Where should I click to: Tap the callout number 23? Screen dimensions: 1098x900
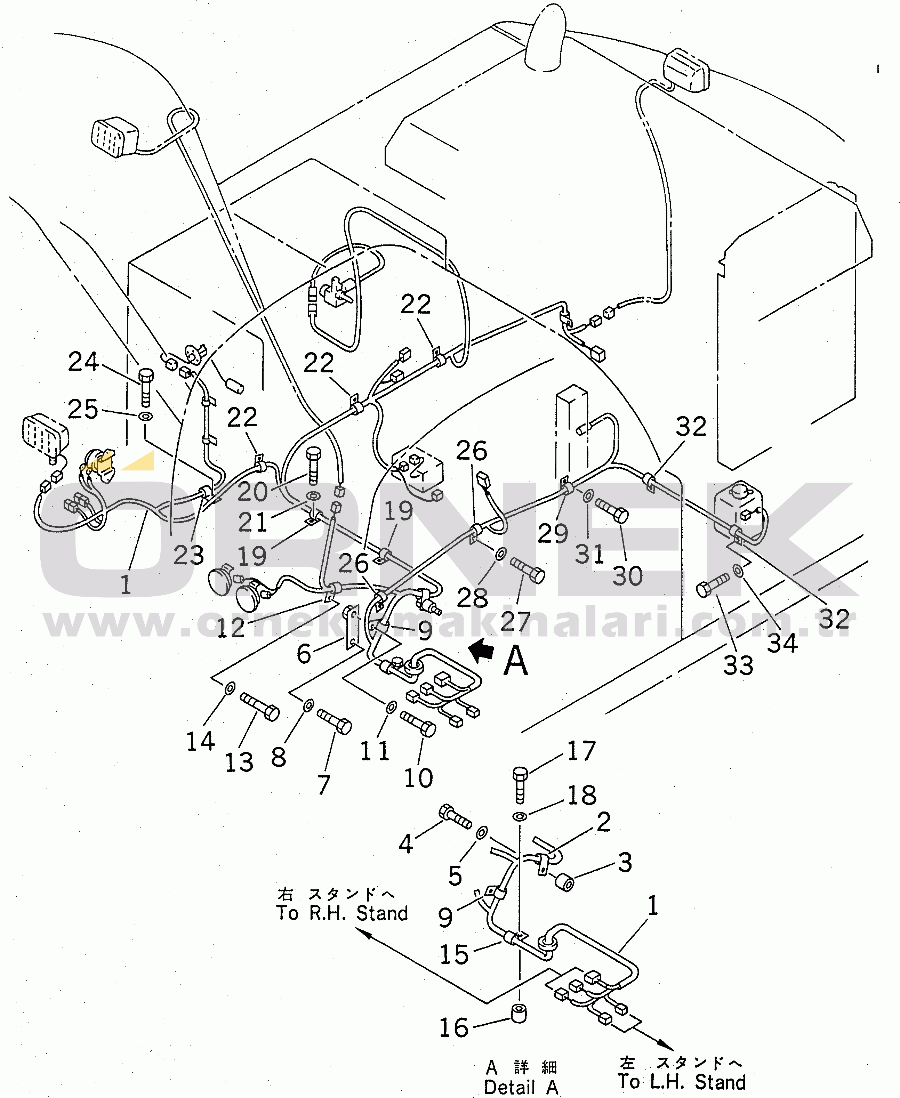coord(189,555)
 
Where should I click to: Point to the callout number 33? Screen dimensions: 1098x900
coord(738,665)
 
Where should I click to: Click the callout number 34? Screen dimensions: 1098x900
coord(782,643)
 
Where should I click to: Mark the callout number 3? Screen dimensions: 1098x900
coord(625,862)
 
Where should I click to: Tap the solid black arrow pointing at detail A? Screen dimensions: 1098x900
coord(482,649)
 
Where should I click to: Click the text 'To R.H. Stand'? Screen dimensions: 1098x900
coord(342,913)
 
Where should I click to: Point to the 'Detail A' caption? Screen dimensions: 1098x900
coord(521,1087)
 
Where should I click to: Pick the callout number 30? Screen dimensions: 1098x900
coord(627,576)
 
